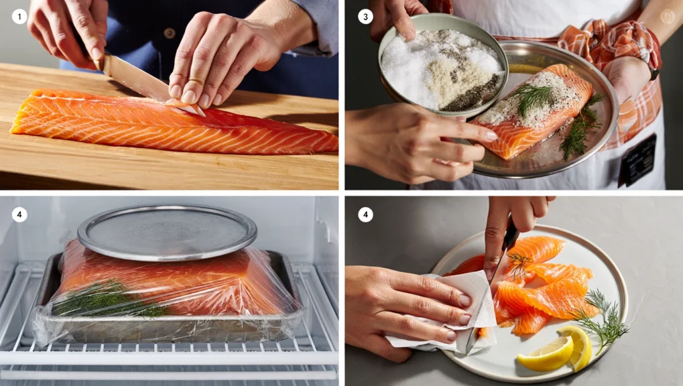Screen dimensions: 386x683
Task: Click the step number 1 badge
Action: tap(19, 17)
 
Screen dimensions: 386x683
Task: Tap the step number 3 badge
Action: tap(365, 17)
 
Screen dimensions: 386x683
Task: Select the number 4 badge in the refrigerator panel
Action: tap(19, 214)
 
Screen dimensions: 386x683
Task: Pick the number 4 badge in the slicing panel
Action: tap(365, 214)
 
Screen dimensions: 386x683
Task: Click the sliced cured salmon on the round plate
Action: tap(540, 287)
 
